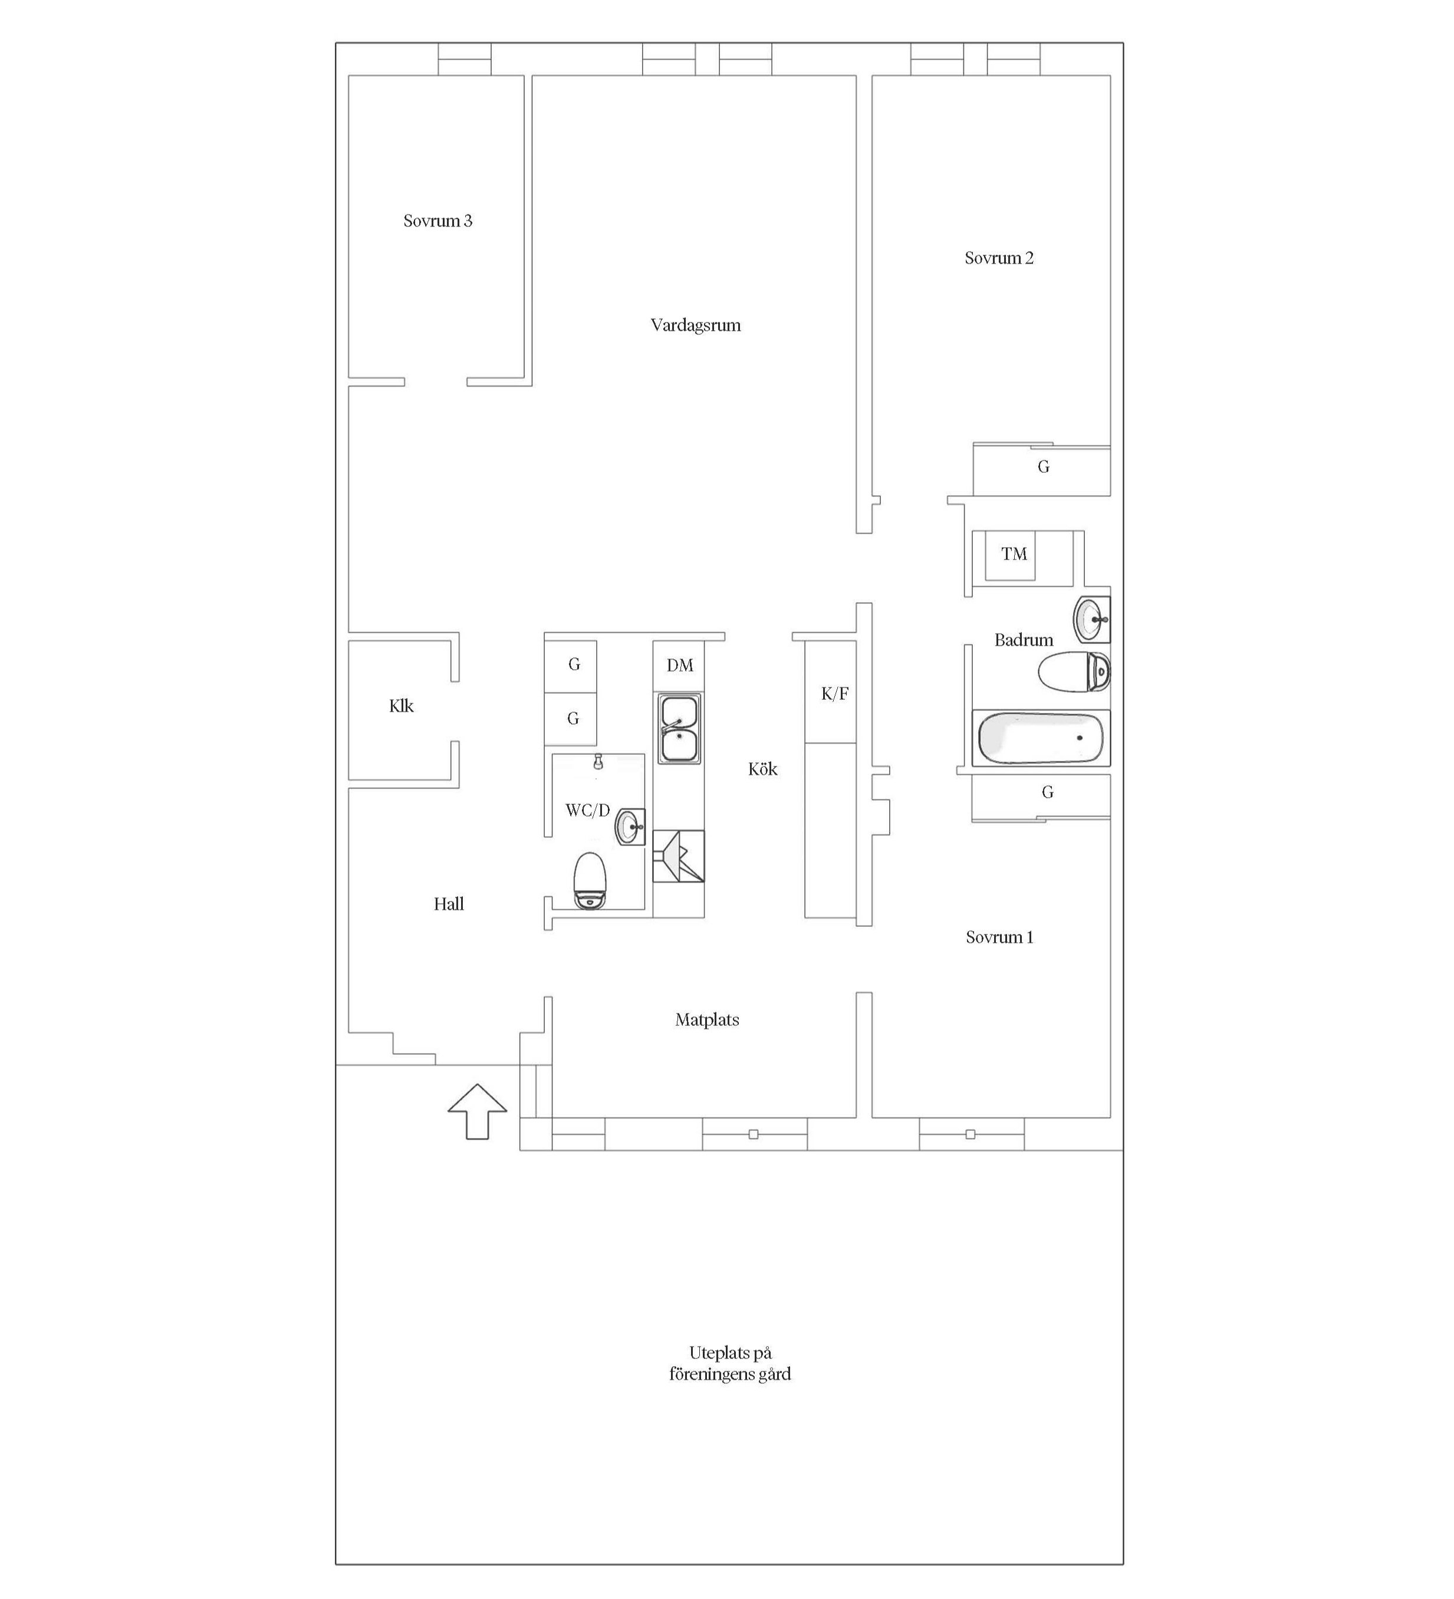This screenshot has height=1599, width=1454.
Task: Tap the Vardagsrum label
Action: [696, 325]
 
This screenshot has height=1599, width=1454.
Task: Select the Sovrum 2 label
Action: [999, 258]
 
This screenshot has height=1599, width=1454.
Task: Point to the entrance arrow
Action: [478, 1111]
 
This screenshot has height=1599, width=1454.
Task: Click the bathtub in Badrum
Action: [1041, 738]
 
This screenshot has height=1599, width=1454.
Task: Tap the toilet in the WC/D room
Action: [590, 880]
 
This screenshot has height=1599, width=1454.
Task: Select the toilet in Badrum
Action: [1074, 672]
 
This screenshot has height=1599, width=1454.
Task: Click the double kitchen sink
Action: [678, 729]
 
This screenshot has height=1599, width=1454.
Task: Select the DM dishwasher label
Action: [680, 666]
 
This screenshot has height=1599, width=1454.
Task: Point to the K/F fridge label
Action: [834, 694]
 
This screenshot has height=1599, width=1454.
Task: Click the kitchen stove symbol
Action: [678, 856]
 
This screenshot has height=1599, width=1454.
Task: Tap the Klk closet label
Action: [402, 706]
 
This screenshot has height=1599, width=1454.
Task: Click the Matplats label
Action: [707, 1020]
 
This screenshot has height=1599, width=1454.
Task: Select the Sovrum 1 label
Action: [999, 937]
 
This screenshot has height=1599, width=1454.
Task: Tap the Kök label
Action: [763, 769]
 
